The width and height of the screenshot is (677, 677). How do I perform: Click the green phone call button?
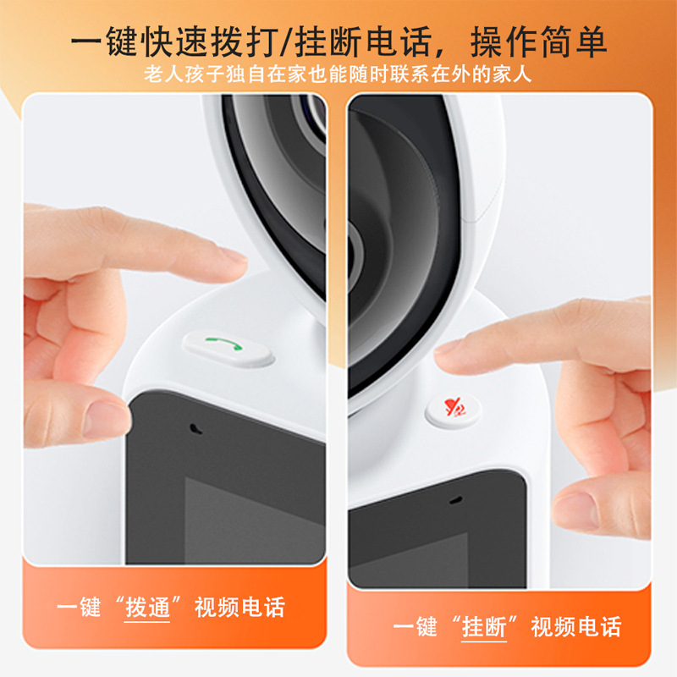(227, 347)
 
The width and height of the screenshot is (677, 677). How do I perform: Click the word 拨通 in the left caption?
(147, 608)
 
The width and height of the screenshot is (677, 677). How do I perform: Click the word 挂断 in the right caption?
(484, 627)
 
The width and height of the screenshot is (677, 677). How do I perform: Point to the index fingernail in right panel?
(448, 347)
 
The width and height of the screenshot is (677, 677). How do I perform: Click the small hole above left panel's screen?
(195, 426)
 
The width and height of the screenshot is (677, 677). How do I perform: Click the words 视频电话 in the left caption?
(239, 608)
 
